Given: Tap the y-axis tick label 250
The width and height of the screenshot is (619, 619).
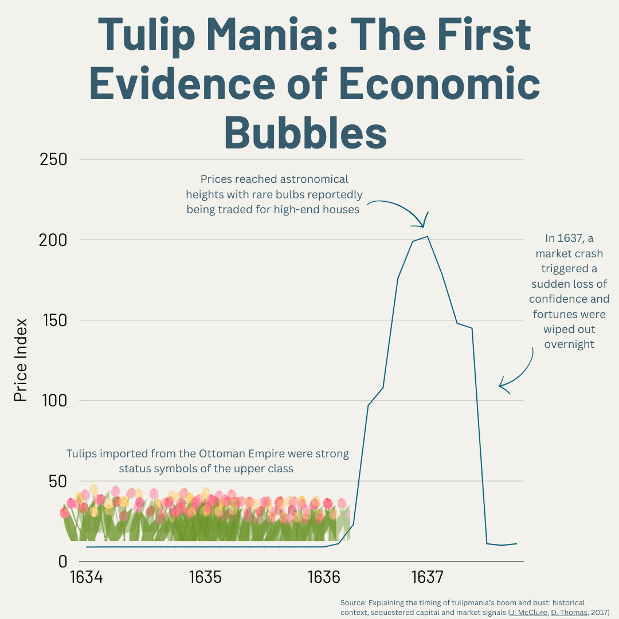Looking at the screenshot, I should pos(54,159).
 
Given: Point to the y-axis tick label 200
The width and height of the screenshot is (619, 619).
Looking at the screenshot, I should pos(54,240).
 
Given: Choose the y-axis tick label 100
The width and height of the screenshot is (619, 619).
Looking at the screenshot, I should pos(54,401).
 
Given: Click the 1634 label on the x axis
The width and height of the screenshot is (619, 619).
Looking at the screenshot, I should pos(86,577).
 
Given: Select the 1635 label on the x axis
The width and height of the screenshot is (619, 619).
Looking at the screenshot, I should pos(205,577).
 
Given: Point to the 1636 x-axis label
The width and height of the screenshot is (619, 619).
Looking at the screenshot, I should pos(324,577).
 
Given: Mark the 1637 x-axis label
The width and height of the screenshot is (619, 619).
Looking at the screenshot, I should pos(427,577).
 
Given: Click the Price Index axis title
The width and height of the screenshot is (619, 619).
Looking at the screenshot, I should pos(21,359).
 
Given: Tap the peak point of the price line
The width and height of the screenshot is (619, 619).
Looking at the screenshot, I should pos(427,236).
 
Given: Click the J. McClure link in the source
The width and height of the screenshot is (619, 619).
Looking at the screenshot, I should pos(528,612).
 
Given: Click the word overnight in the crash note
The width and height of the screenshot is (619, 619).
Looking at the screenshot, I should pos(569,344).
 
